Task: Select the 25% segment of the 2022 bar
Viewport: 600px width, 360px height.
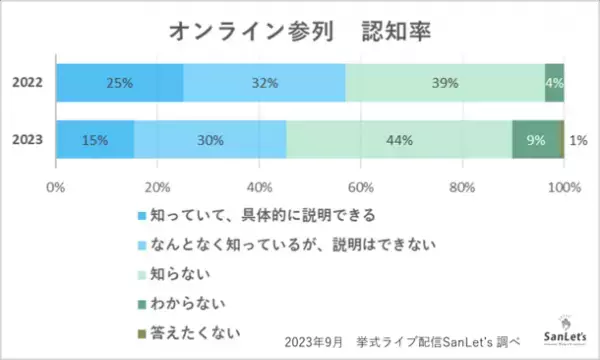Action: pos(119,82)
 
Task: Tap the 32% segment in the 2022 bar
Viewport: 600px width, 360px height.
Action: pos(264,82)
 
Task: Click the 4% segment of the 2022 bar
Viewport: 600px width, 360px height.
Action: pos(554,82)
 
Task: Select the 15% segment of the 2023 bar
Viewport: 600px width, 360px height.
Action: pos(95,140)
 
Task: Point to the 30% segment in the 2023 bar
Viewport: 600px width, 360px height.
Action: pos(210,140)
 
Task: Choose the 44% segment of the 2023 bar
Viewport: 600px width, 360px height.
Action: pos(398,140)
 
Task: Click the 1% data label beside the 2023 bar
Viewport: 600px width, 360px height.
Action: pos(578,140)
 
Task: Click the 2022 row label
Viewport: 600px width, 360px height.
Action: pos(27,83)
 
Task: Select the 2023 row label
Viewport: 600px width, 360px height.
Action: pos(27,141)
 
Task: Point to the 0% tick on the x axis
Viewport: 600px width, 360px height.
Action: pos(56,186)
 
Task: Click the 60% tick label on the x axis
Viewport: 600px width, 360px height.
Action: pos(361,186)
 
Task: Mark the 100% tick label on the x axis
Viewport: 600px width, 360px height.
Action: pos(563,186)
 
